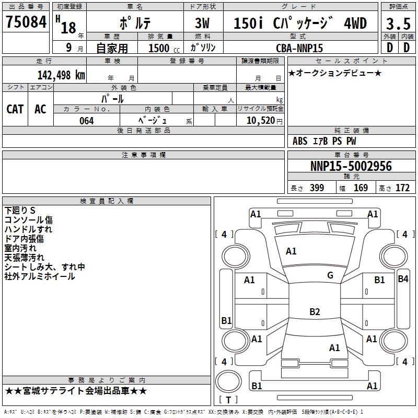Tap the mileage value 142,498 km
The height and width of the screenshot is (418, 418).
61,75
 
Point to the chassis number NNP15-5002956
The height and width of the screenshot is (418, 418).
351,166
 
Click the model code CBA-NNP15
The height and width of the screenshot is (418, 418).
299,48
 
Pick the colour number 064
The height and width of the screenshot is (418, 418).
86,121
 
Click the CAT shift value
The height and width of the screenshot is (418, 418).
15,109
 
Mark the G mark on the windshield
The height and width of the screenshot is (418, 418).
330,275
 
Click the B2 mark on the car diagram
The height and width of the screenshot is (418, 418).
315,312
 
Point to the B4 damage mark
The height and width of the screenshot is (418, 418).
403,279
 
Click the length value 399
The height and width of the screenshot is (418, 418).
317,188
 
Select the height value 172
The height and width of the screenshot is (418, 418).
402,188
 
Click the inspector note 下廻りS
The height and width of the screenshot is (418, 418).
20,211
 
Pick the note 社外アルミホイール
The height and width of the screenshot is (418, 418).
40,276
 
